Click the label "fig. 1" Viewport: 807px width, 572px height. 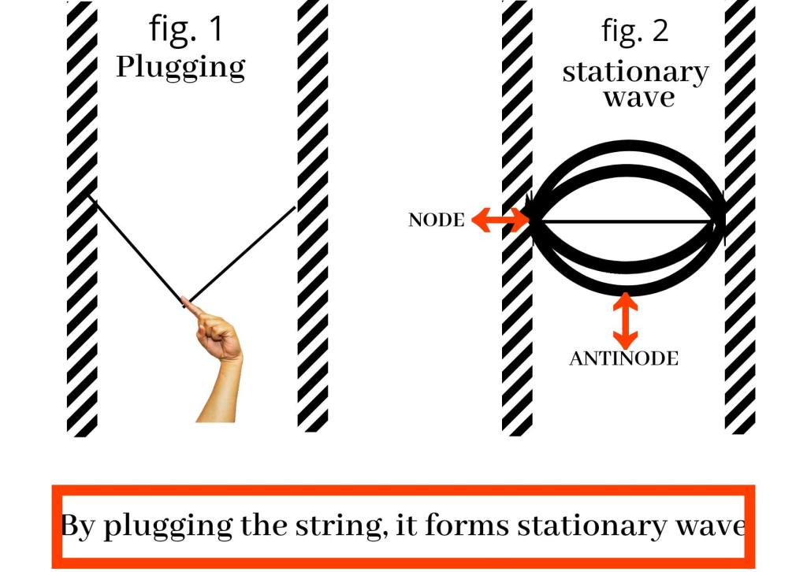point(186,29)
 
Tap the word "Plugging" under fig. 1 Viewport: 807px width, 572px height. point(180,68)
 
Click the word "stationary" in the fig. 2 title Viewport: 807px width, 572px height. point(635,72)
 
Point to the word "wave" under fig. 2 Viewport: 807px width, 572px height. point(639,98)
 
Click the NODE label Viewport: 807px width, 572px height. point(437,221)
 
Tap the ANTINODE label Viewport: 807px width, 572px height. point(623,359)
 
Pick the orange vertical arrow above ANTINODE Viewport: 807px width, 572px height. point(625,321)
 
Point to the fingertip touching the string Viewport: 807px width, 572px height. point(188,302)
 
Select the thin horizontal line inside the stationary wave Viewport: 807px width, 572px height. point(623,221)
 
